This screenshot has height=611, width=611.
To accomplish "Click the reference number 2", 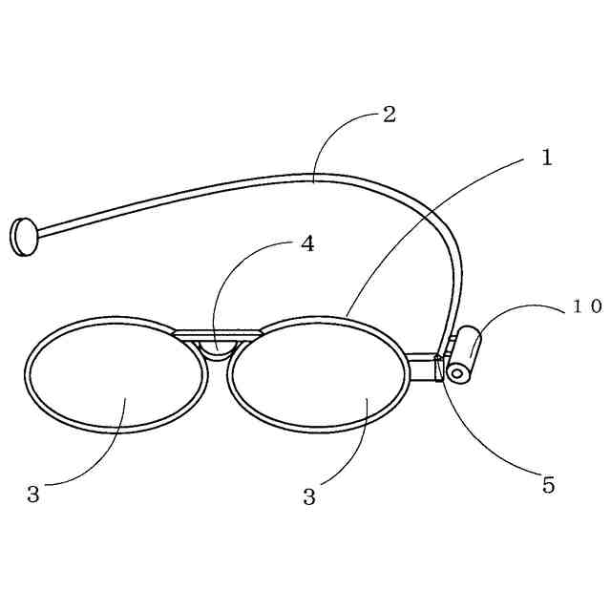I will tap(389, 115).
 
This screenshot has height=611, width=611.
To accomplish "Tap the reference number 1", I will tap(546, 158).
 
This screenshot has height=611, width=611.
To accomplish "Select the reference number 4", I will tap(306, 243).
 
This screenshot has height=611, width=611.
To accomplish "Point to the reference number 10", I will tap(586, 306).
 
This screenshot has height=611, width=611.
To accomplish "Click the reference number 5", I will tap(548, 485).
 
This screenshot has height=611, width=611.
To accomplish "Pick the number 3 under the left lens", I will tap(33, 495).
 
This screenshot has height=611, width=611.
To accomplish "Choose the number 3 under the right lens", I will tap(308, 496).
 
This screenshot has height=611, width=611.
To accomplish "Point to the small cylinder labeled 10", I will tap(465, 353).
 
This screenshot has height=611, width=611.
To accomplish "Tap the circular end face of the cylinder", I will tap(457, 372).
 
